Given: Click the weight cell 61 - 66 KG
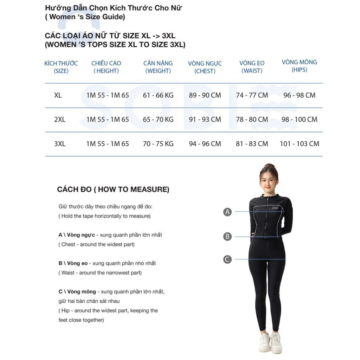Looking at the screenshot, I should [158, 95].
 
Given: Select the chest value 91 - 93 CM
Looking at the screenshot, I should [205, 120].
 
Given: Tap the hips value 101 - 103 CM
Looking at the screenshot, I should [300, 144].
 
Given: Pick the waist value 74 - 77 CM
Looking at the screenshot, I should [252, 95].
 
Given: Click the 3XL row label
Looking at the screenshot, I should [60, 144].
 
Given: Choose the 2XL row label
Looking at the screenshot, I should [60, 120].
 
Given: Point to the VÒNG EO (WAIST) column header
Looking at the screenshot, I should [252, 67].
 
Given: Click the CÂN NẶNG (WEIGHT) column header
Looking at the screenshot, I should [158, 67].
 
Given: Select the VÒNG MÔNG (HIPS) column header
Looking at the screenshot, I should [300, 66].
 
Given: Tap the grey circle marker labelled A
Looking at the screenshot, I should [228, 212].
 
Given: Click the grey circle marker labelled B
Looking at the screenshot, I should [228, 237].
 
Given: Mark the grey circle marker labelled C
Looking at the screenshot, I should [228, 259].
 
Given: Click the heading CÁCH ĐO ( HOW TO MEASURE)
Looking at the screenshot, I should [113, 189].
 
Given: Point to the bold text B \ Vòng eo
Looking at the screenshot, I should [73, 263].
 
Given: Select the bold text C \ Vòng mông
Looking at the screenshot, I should [77, 292].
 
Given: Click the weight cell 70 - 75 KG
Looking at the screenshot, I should [158, 144].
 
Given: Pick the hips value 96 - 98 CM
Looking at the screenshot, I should [300, 95].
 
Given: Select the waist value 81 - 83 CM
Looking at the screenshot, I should [252, 144].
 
